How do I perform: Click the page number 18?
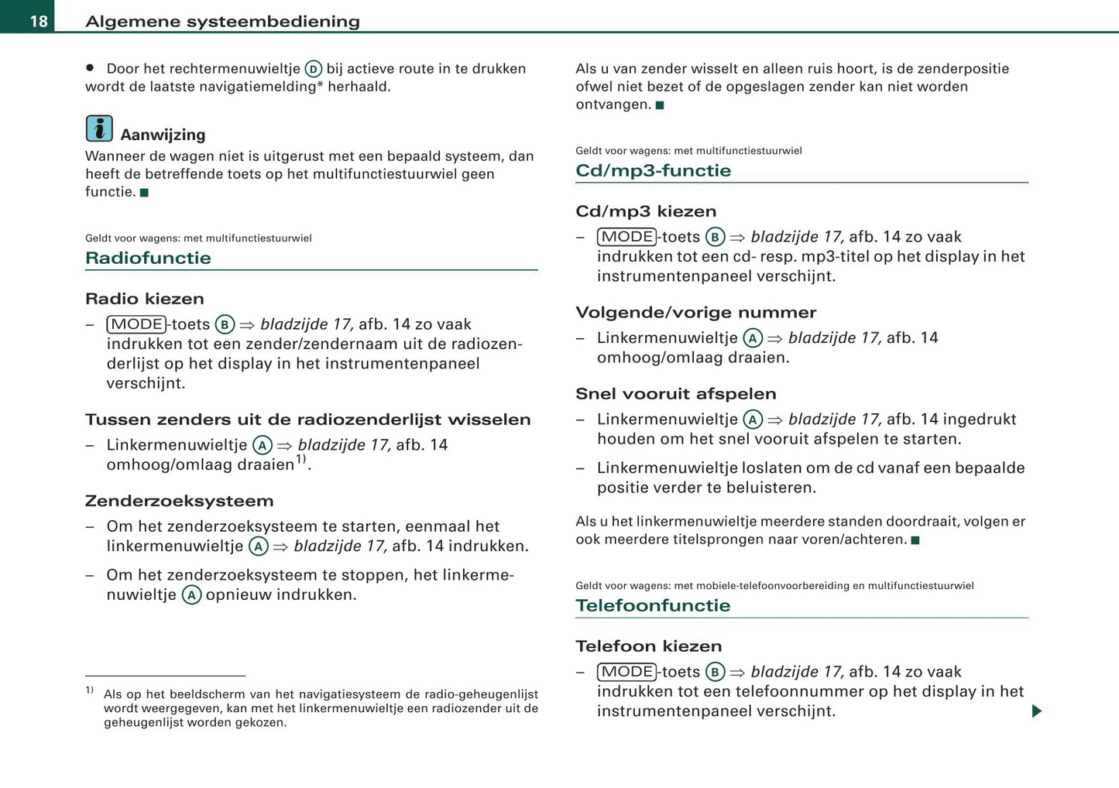(x=39, y=21)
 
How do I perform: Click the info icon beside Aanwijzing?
(x=99, y=128)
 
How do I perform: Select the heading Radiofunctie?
(x=148, y=258)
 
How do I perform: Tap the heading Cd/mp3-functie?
(x=653, y=170)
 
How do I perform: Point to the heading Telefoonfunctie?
(x=653, y=605)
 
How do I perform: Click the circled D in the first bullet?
(x=313, y=69)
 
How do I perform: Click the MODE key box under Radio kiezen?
(x=137, y=324)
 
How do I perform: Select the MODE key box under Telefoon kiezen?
(x=627, y=672)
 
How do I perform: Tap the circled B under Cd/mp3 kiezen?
(x=715, y=237)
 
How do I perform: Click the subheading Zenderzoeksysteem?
(x=179, y=501)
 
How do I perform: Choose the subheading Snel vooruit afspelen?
(x=675, y=394)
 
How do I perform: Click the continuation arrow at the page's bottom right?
(x=1037, y=711)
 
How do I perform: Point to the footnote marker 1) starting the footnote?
(x=90, y=690)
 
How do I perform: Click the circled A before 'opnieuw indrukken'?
(x=191, y=595)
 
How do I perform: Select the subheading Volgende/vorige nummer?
(x=695, y=313)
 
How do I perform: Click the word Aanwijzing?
(x=163, y=135)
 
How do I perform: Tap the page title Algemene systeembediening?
(x=222, y=21)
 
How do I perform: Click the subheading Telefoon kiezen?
(x=648, y=646)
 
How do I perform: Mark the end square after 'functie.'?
(x=144, y=193)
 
